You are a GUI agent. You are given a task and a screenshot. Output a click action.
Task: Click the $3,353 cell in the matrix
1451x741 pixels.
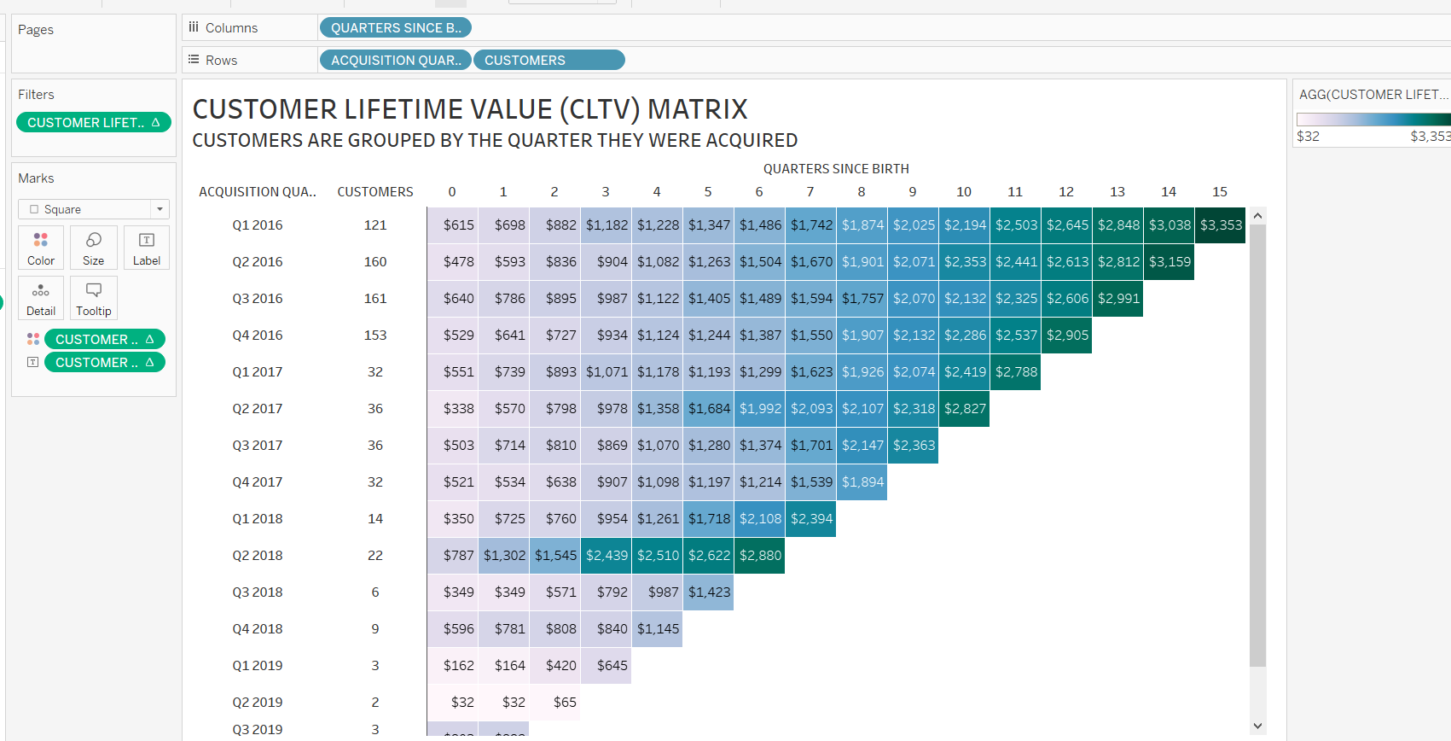[x=1221, y=225]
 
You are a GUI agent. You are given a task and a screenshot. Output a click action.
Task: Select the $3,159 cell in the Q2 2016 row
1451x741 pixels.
[x=1170, y=262]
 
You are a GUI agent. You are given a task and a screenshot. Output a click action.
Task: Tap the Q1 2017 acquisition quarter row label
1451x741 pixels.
[x=257, y=372]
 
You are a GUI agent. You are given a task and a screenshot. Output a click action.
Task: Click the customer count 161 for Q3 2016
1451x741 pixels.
[x=375, y=299]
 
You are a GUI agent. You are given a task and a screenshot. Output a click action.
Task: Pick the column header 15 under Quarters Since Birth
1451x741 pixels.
[x=1220, y=192]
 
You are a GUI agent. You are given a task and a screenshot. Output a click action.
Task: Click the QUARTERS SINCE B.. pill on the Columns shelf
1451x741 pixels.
[x=396, y=28]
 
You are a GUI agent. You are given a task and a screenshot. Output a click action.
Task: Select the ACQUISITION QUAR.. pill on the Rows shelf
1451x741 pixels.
[x=396, y=61]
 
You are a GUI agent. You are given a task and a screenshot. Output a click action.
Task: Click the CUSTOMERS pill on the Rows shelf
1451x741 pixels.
[x=548, y=61]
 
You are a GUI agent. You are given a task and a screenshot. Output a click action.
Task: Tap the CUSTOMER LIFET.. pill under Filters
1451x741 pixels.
[x=94, y=123]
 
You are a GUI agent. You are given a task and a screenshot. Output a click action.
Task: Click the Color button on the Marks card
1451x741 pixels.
[x=41, y=248]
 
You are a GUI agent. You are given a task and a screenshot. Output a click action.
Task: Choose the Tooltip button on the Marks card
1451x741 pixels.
[x=94, y=299]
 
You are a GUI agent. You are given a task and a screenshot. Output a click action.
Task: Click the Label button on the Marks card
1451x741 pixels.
[x=147, y=248]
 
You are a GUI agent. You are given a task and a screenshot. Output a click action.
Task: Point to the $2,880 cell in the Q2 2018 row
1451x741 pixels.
[x=760, y=556]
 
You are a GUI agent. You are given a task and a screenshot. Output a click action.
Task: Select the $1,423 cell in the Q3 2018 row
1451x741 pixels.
[x=709, y=592]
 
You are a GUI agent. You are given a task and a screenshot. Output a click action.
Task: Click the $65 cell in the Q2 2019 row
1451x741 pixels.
[x=564, y=703]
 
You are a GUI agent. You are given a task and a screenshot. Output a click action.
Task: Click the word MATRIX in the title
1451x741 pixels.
[x=697, y=110]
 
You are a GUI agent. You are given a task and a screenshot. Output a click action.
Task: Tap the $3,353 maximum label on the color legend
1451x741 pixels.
[x=1429, y=137]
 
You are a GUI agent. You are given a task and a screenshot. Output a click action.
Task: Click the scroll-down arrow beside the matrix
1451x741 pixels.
[x=1257, y=726]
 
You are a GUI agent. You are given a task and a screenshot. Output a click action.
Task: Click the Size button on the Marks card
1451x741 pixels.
[x=94, y=248]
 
